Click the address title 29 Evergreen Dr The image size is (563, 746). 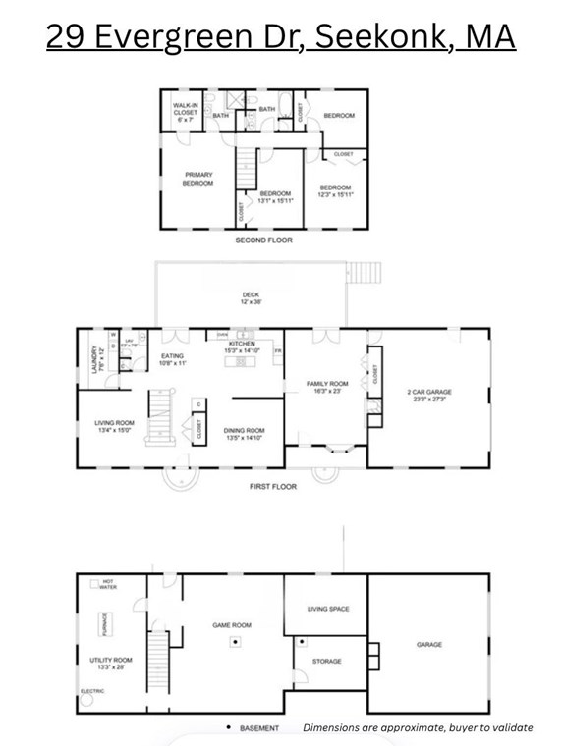tap(282, 38)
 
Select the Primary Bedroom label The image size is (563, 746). tap(198, 178)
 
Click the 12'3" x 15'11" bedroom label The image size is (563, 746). tap(335, 191)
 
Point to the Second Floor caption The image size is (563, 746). tap(263, 240)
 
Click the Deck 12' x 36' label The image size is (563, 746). tap(251, 297)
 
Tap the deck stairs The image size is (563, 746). tap(365, 270)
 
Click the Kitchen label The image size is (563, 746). tap(242, 346)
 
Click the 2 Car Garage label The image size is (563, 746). tap(429, 395)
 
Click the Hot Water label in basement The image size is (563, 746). tap(107, 584)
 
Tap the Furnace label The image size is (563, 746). tap(104, 625)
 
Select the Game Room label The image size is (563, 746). tap(233, 624)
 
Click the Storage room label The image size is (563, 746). tap(327, 661)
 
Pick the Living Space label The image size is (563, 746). tap(328, 609)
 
